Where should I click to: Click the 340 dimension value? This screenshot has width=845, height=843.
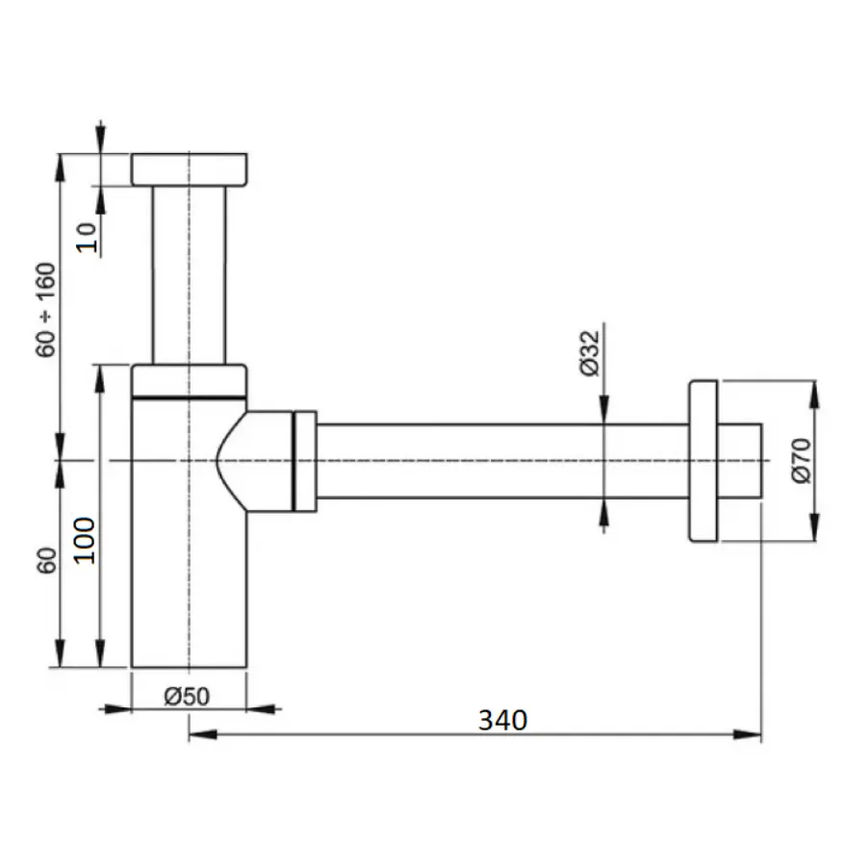[x=502, y=720]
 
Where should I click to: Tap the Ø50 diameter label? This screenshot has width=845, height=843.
[x=187, y=697]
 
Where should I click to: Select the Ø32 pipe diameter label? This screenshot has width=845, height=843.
[x=590, y=353]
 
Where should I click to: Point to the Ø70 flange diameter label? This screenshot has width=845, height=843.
[x=802, y=461]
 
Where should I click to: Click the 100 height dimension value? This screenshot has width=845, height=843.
[x=84, y=541]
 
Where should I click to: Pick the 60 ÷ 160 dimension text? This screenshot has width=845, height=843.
[x=46, y=310]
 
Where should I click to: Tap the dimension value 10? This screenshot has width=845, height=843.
[x=87, y=238]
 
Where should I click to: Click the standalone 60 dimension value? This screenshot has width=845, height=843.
[x=47, y=561]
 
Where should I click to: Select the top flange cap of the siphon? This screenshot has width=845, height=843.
[x=190, y=169]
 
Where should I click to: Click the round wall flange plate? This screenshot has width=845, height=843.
[x=704, y=461]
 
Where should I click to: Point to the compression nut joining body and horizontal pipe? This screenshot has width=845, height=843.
[x=304, y=461]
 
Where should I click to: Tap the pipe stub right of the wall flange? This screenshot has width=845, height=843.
[x=739, y=461]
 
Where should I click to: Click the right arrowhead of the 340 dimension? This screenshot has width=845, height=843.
[x=748, y=734]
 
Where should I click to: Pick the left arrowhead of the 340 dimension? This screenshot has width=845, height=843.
[x=203, y=734]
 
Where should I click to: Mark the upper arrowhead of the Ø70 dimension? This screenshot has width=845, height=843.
[x=814, y=395]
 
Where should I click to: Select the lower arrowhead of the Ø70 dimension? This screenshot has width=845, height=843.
[x=814, y=527]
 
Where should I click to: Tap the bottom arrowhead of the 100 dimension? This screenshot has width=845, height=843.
[x=100, y=653]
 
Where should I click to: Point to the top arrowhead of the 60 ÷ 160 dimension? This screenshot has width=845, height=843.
[x=60, y=168]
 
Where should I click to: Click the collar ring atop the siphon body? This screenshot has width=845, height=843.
[x=190, y=382]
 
